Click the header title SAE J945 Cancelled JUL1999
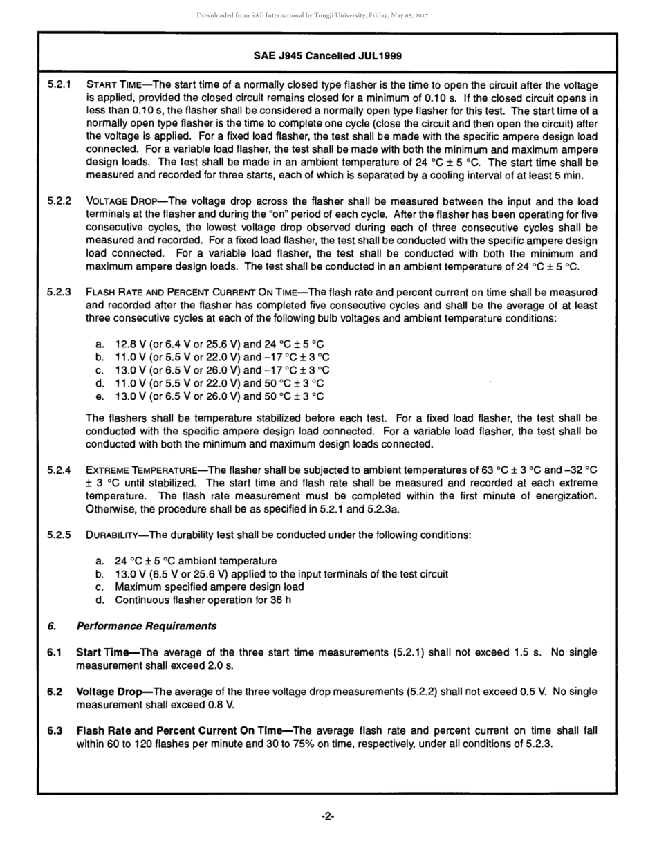[328, 55]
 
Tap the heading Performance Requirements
[146, 627]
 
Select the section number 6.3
[55, 730]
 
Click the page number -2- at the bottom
[328, 817]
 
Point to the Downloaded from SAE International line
[312, 15]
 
